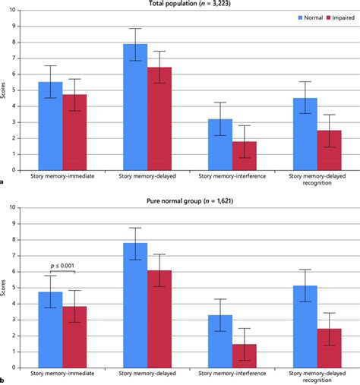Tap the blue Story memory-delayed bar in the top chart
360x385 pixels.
[135, 106]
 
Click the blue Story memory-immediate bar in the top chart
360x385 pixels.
[50, 125]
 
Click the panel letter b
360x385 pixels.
[3, 380]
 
